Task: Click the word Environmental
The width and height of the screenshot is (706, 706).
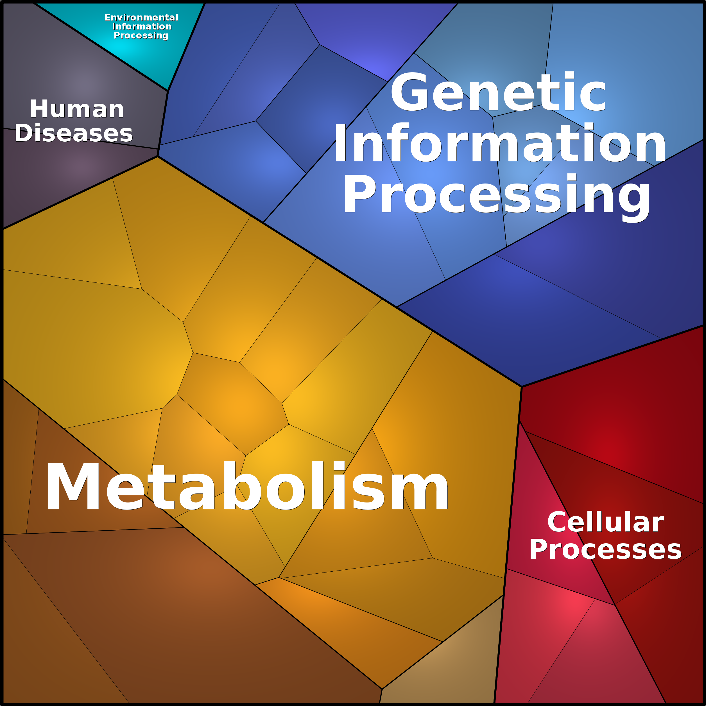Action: (x=141, y=17)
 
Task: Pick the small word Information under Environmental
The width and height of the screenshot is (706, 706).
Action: (x=142, y=26)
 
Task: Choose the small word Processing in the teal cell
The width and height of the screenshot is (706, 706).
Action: (x=141, y=35)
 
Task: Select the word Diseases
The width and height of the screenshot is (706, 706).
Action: (x=73, y=133)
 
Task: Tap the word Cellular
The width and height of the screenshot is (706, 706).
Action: (x=605, y=522)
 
